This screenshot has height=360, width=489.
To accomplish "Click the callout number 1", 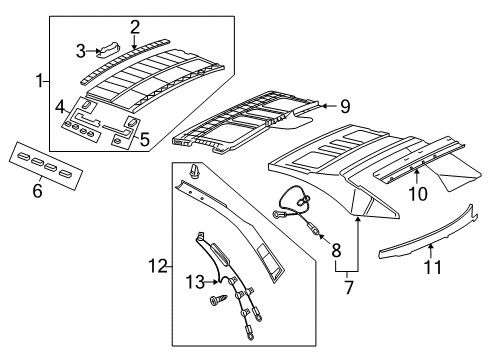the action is coord(40,81).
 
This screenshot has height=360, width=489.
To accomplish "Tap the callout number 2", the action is coord(135,28).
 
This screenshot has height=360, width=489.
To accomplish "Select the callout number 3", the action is coord(81,51).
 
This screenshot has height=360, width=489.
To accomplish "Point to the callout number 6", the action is coord(37,190).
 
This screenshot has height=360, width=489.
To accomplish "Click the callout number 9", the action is coord(345,107).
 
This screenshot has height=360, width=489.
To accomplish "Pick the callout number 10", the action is coord(418,194).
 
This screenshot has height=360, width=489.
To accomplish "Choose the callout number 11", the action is coord(433,267).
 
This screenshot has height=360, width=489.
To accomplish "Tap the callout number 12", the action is coord(158,266).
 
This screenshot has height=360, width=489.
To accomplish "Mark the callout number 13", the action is coord(195,282).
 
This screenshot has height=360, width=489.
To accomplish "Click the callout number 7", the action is coord(349,288).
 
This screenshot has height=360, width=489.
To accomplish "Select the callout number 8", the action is coord(336,250).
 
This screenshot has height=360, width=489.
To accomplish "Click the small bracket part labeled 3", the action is coord(107,50).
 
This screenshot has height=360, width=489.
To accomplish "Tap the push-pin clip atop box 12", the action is coord(193,172).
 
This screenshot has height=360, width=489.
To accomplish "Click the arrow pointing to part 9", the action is coord(329,106).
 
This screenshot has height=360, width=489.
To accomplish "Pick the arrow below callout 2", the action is coord(134,43).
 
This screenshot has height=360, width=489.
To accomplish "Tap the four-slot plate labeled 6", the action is coord(46,166).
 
